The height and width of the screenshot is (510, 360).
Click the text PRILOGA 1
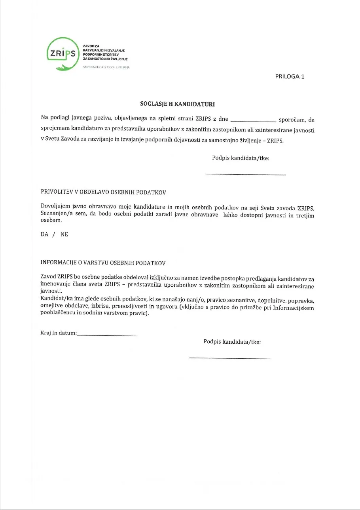(x=290, y=77)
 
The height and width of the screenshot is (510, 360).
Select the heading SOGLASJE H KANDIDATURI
(x=178, y=104)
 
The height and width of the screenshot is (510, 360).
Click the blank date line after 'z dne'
(x=252, y=120)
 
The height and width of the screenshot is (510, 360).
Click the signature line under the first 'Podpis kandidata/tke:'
(x=245, y=174)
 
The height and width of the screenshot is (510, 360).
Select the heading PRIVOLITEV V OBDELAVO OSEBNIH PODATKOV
(x=104, y=192)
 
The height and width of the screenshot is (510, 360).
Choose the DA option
(x=45, y=234)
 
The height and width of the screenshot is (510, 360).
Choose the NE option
(x=64, y=234)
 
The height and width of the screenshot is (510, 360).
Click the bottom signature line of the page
(x=231, y=358)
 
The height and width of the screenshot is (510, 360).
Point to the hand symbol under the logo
(x=64, y=68)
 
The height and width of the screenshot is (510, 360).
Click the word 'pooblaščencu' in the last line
(x=59, y=314)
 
